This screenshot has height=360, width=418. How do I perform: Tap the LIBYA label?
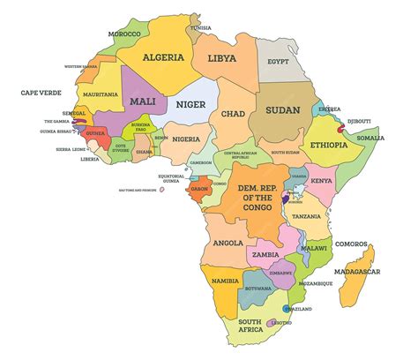[222, 58]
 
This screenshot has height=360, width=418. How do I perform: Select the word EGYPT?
[278, 63]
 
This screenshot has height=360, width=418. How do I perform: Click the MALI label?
[142, 101]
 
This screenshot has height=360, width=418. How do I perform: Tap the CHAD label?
[233, 114]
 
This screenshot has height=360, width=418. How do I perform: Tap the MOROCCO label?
[124, 34]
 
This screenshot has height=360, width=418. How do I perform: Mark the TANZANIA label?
[305, 216]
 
